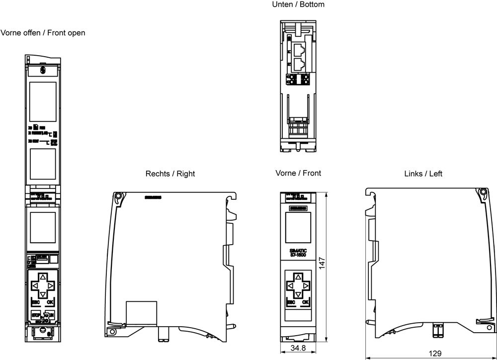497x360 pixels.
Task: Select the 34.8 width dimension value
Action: pyautogui.click(x=298, y=349)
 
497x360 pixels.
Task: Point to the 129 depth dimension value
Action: pyautogui.click(x=435, y=354)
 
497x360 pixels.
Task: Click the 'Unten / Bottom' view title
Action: pyautogui.click(x=298, y=4)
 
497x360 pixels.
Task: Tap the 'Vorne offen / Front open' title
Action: pyautogui.click(x=43, y=33)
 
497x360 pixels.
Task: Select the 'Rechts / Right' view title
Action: pyautogui.click(x=170, y=174)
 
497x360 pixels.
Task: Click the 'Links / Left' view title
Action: pyautogui.click(x=423, y=174)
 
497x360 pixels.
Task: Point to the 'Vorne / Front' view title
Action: pyautogui.click(x=298, y=173)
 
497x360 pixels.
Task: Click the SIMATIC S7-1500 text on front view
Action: pyautogui.click(x=298, y=252)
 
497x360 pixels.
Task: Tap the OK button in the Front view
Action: pyautogui.click(x=306, y=302)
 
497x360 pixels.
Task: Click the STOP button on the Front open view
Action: pyautogui.click(x=35, y=315)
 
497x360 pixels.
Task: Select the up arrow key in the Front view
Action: pyautogui.click(x=298, y=277)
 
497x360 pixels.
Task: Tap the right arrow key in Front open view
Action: pyautogui.click(x=52, y=286)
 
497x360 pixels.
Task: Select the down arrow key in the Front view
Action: pyautogui.click(x=298, y=295)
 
